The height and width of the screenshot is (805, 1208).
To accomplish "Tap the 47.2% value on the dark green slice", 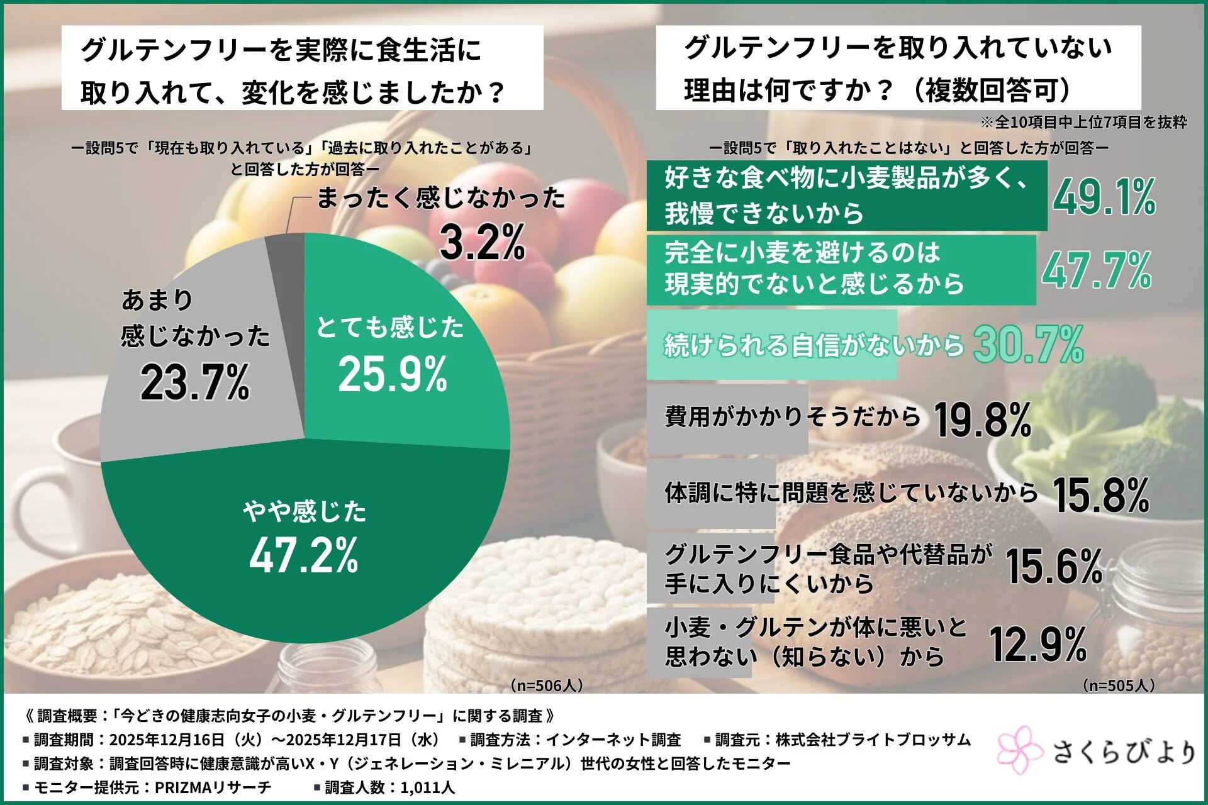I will pos(304,555).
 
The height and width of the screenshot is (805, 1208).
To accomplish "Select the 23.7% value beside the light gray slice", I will pos(195,382).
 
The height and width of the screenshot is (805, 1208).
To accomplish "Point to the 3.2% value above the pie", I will pos(483,242).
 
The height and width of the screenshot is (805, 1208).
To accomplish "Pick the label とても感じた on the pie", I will pos(390,328).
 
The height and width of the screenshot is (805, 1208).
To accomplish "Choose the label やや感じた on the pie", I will pos(305,511).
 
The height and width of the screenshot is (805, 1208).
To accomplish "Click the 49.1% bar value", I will pos(1105,197).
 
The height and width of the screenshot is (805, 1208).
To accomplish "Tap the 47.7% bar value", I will pos(1097,270).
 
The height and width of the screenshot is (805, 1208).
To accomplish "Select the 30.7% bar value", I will pos(1028,345).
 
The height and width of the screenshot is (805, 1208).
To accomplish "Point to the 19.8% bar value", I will pos(983,419).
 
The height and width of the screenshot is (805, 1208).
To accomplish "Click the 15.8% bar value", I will pos(1101,495).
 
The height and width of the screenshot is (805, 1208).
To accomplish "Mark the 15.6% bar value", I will pos(1054,566).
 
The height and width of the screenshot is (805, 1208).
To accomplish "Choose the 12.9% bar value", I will pos(1038,645).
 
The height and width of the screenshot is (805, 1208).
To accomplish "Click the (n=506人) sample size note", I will pos(546,685).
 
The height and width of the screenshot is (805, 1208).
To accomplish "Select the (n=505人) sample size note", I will pos(1119,685).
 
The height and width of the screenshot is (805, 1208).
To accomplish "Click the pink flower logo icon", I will pos(1019,750).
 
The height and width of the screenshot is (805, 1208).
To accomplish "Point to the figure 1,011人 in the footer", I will pos(427,787).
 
